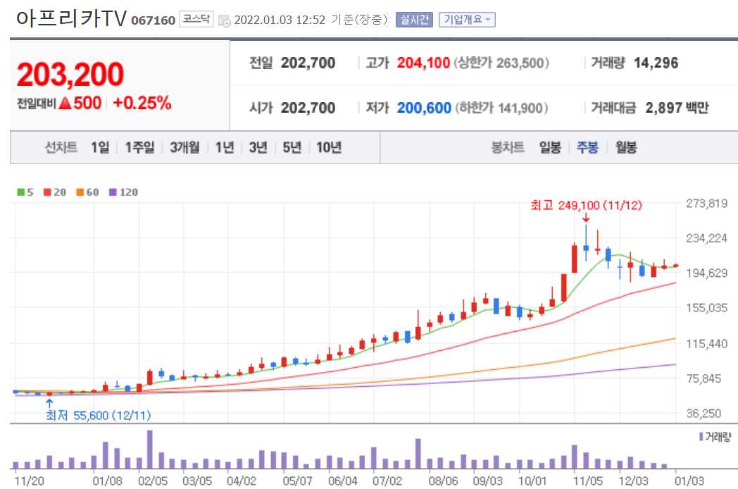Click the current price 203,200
coord(70,75)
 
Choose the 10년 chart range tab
coord(329,147)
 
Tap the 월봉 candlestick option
coord(625,147)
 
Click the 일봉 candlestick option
coord(550,147)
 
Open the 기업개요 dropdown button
coord(466,20)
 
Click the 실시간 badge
coord(413,20)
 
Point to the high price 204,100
coord(423,63)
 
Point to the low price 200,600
coord(424,108)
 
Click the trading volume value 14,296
coord(656,63)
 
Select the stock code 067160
coord(153,20)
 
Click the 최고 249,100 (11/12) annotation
coord(586,205)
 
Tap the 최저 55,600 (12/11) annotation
coord(99,415)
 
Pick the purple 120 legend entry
coord(124,192)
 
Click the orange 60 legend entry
coord(87,192)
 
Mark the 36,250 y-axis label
coord(706,414)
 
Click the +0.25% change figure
coord(142,103)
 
